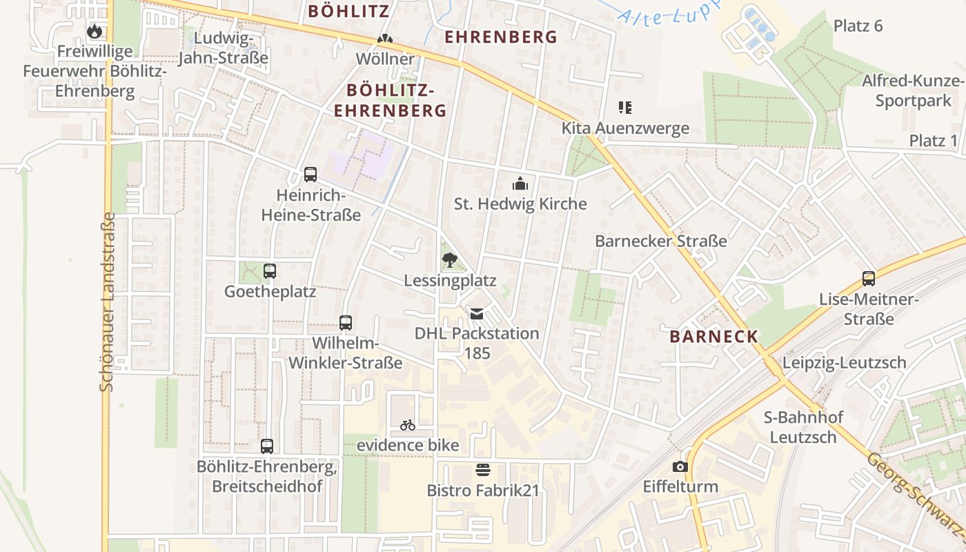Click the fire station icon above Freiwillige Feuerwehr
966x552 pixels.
pyautogui.click(x=95, y=31)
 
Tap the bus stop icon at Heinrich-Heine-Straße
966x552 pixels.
pyautogui.click(x=310, y=175)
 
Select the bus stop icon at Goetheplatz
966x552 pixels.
pyautogui.click(x=270, y=271)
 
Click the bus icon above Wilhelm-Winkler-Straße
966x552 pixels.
pyautogui.click(x=346, y=322)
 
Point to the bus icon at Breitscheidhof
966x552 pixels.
pyautogui.click(x=267, y=446)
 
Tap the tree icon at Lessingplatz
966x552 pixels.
pyautogui.click(x=450, y=260)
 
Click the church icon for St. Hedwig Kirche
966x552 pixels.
pyautogui.click(x=520, y=184)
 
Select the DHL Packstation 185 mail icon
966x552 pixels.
pyautogui.click(x=477, y=313)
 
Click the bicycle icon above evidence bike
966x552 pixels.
pyautogui.click(x=408, y=425)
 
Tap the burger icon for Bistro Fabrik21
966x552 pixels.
pyautogui.click(x=483, y=471)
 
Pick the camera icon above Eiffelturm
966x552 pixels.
pyautogui.click(x=680, y=466)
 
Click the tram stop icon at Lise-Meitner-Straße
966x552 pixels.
pyautogui.click(x=869, y=279)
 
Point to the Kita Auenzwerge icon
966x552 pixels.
pyautogui.click(x=625, y=108)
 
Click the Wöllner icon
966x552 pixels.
pyautogui.click(x=385, y=40)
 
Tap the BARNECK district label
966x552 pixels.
pyautogui.click(x=714, y=337)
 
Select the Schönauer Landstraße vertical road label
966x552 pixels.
pyautogui.click(x=107, y=302)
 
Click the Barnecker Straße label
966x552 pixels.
pyautogui.click(x=661, y=241)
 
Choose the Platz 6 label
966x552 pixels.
pyautogui.click(x=858, y=26)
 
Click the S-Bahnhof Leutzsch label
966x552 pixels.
pyautogui.click(x=803, y=427)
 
